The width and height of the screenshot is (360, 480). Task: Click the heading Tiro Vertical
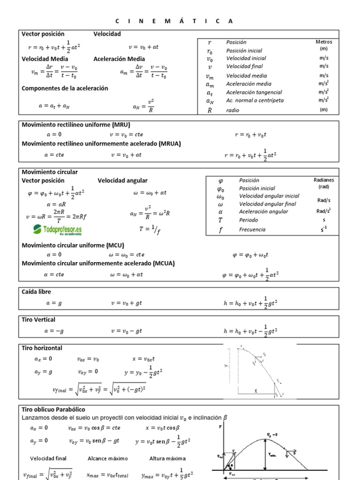[x=38, y=320]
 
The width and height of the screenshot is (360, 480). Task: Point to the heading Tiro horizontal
[x=42, y=348]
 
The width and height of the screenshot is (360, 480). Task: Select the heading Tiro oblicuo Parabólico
[x=61, y=409]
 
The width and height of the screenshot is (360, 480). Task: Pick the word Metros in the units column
[x=324, y=42]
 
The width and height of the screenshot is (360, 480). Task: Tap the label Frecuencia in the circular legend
[x=252, y=230]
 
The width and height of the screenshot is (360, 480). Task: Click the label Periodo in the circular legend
[x=248, y=220]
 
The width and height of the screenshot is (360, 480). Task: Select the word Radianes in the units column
[x=324, y=180]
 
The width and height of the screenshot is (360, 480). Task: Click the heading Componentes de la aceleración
[x=65, y=88]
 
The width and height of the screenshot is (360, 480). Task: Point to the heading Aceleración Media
[x=119, y=59]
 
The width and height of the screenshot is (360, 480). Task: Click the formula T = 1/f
[x=150, y=230]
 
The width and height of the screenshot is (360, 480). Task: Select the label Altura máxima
[x=168, y=458]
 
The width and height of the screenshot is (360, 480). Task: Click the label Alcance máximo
[x=108, y=458]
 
